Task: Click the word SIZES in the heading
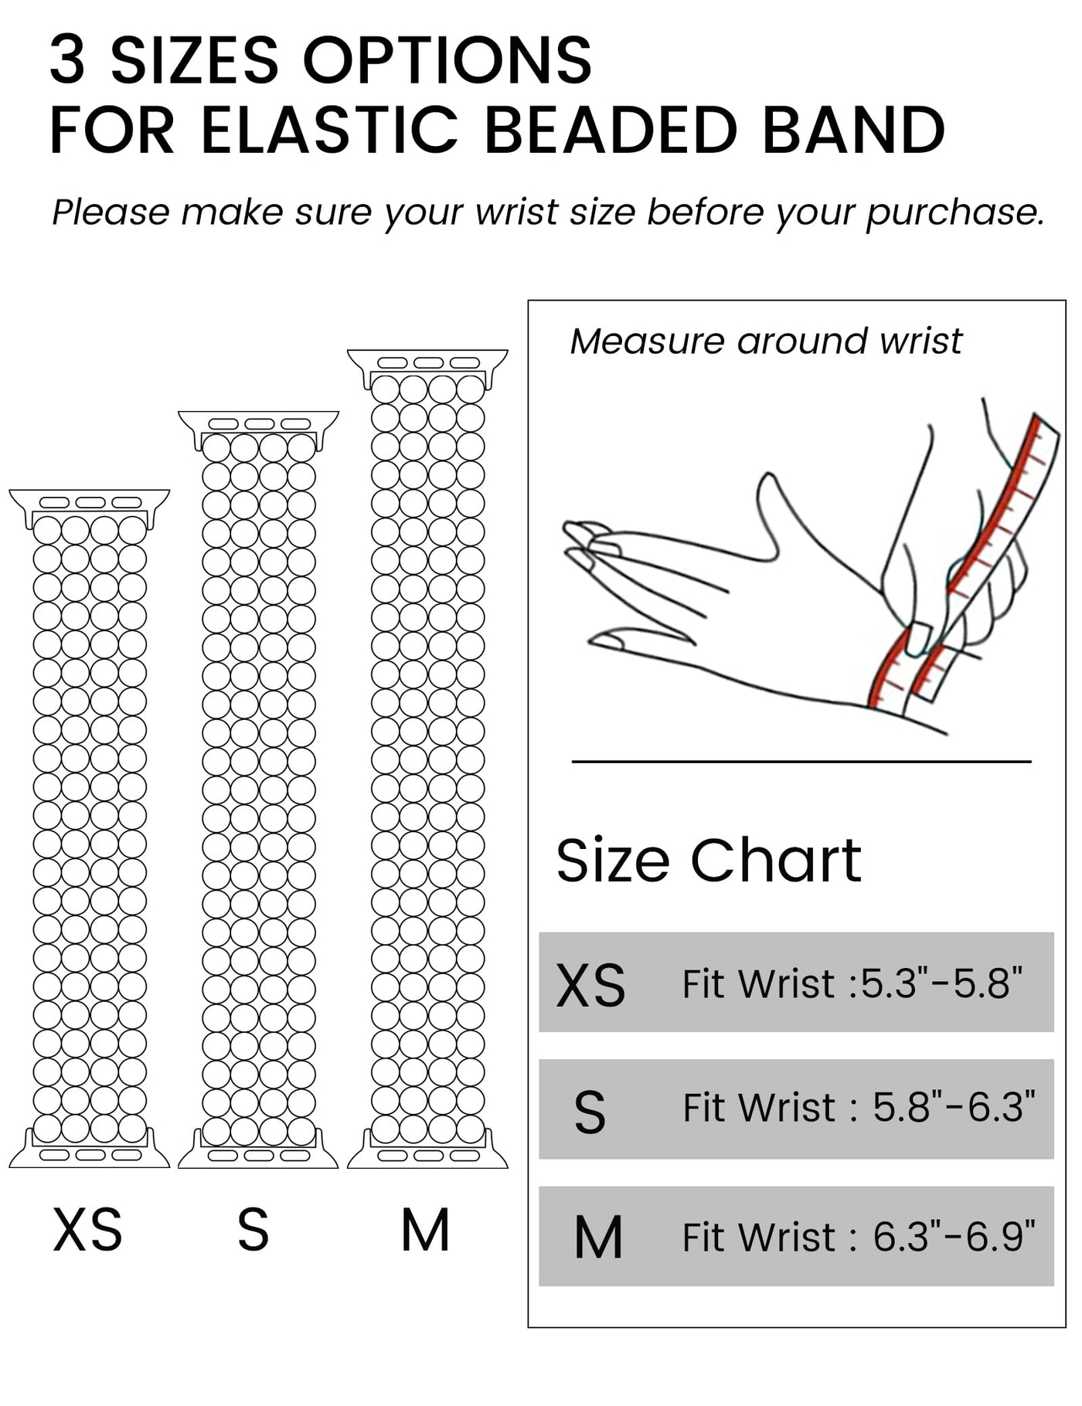point(194,60)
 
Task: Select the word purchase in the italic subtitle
point(954,212)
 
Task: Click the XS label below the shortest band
point(87,1229)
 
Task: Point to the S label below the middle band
point(253,1229)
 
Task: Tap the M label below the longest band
point(426,1229)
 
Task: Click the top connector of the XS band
point(89,507)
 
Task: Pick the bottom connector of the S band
point(258,1149)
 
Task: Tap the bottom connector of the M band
point(427,1149)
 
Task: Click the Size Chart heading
point(709,860)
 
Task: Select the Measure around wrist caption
point(766,341)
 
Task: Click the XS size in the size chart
point(591,986)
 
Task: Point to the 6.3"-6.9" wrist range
point(954,1236)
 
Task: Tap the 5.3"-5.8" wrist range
point(941,983)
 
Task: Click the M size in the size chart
point(598,1238)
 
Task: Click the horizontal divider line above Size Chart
point(801,762)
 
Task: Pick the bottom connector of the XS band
point(89,1149)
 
